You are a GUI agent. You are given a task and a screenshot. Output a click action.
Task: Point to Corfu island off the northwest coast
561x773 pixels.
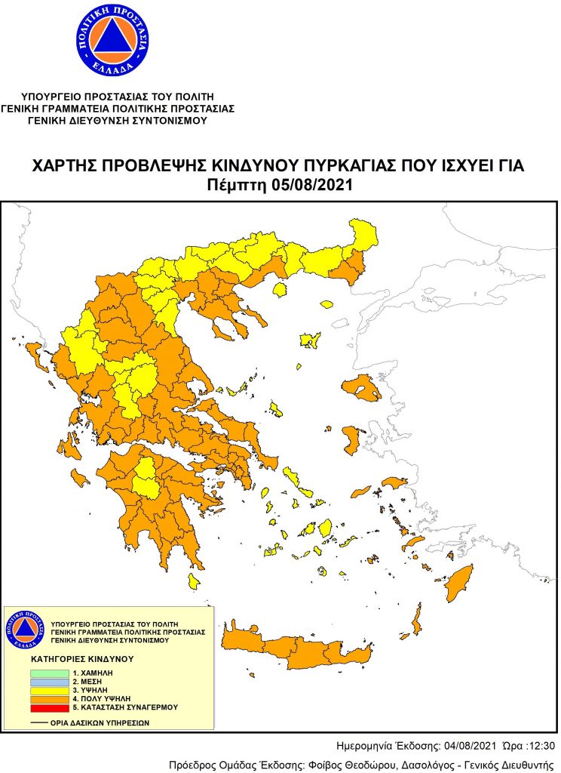coord(34,353)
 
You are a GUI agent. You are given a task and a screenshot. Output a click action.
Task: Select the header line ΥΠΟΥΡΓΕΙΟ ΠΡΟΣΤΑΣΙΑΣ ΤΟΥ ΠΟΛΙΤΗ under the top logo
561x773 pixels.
coord(118,97)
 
